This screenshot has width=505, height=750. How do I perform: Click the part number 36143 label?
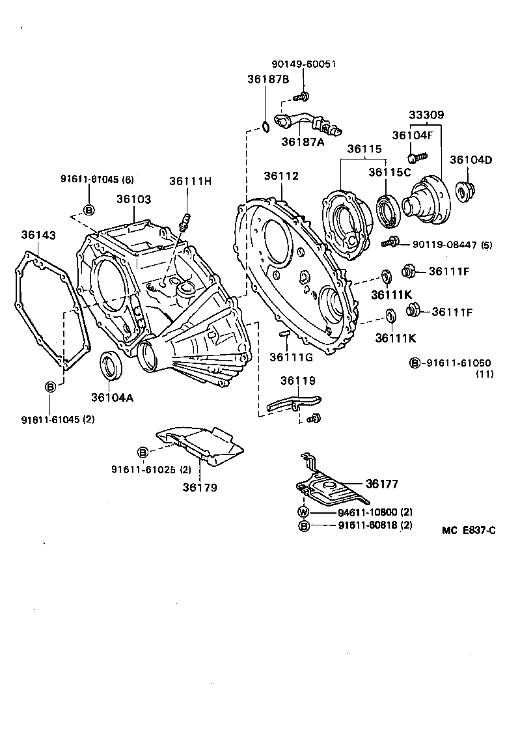[38, 234]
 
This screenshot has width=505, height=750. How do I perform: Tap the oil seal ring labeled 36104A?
[110, 365]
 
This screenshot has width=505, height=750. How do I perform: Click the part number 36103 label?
[133, 199]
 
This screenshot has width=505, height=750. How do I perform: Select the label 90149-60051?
[303, 64]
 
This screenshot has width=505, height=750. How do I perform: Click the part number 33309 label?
[426, 115]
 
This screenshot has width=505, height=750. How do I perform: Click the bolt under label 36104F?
[416, 158]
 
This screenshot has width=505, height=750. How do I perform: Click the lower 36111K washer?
[390, 316]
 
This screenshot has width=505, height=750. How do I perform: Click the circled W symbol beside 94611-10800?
[303, 512]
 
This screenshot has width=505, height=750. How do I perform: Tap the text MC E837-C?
[469, 531]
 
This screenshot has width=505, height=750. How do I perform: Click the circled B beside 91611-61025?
[143, 452]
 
